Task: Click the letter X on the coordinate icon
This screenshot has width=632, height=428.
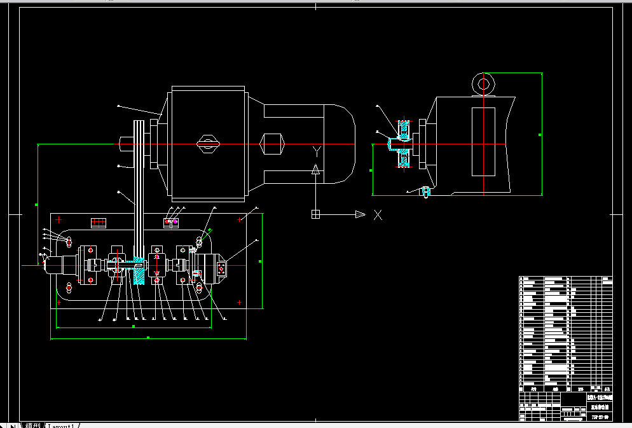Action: (378, 215)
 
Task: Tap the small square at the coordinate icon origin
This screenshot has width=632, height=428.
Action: (314, 214)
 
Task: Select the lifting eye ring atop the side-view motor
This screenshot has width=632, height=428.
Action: (483, 83)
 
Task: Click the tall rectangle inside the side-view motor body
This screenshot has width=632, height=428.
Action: (483, 142)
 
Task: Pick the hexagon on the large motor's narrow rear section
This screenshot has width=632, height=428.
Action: (271, 144)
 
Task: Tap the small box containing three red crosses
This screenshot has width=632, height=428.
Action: (98, 223)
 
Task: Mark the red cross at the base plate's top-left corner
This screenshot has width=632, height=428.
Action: (59, 220)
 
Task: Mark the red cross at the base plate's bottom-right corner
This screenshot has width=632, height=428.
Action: (239, 303)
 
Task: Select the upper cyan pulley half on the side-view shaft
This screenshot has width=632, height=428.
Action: (402, 127)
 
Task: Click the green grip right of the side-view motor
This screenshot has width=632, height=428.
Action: (540, 135)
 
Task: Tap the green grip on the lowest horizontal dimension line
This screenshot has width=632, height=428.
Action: (148, 338)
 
